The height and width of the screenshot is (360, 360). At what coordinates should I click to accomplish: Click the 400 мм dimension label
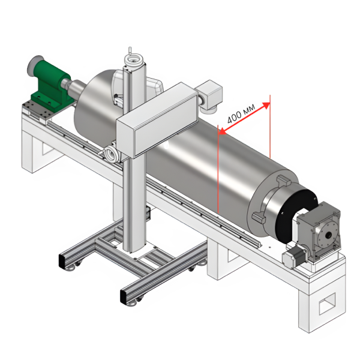coord(241,113)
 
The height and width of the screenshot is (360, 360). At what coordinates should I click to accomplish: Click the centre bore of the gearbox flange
coord(328,235)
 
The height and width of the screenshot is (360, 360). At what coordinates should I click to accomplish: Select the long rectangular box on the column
coord(157,119)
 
